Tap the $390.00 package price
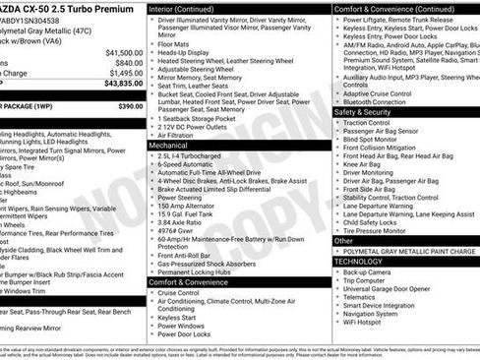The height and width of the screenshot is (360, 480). click(x=130, y=105)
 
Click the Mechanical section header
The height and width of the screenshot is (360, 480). click(x=168, y=145)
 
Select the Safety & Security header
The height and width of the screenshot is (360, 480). click(x=362, y=112)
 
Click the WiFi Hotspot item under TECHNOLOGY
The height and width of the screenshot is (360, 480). click(x=362, y=321)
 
